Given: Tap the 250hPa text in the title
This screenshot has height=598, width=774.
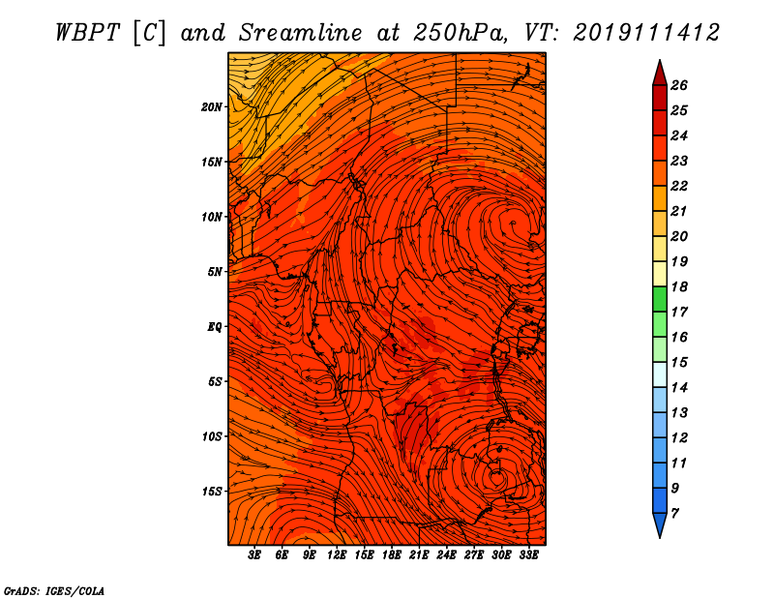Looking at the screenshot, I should pyautogui.click(x=463, y=32).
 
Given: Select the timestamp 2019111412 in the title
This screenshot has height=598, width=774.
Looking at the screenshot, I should pyautogui.click(x=646, y=32).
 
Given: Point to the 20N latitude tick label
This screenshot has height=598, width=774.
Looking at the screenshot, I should pyautogui.click(x=212, y=106).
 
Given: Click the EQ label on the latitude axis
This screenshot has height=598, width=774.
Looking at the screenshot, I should pyautogui.click(x=215, y=327).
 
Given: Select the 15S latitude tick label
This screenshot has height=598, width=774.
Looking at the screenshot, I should pyautogui.click(x=212, y=492).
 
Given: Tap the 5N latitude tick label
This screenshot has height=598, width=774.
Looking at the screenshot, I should pyautogui.click(x=215, y=272).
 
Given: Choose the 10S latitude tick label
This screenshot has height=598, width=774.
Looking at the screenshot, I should pyautogui.click(x=212, y=436).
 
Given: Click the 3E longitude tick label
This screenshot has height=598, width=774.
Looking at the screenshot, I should pyautogui.click(x=255, y=555).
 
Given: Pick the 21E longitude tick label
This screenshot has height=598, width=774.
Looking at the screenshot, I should pyautogui.click(x=419, y=555).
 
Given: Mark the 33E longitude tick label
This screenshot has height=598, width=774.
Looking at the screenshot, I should pyautogui.click(x=528, y=555).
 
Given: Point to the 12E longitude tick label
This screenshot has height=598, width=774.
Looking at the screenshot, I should pyautogui.click(x=337, y=555).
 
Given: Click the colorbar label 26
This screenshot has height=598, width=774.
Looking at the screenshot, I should pyautogui.click(x=679, y=85).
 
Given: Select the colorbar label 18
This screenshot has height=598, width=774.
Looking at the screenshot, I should pyautogui.click(x=679, y=286).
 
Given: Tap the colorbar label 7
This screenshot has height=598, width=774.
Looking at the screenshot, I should pyautogui.click(x=675, y=513).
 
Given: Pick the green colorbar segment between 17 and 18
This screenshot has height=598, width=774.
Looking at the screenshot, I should pyautogui.click(x=659, y=299).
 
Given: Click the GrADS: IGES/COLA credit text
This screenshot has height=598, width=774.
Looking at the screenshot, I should pyautogui.click(x=54, y=589).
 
